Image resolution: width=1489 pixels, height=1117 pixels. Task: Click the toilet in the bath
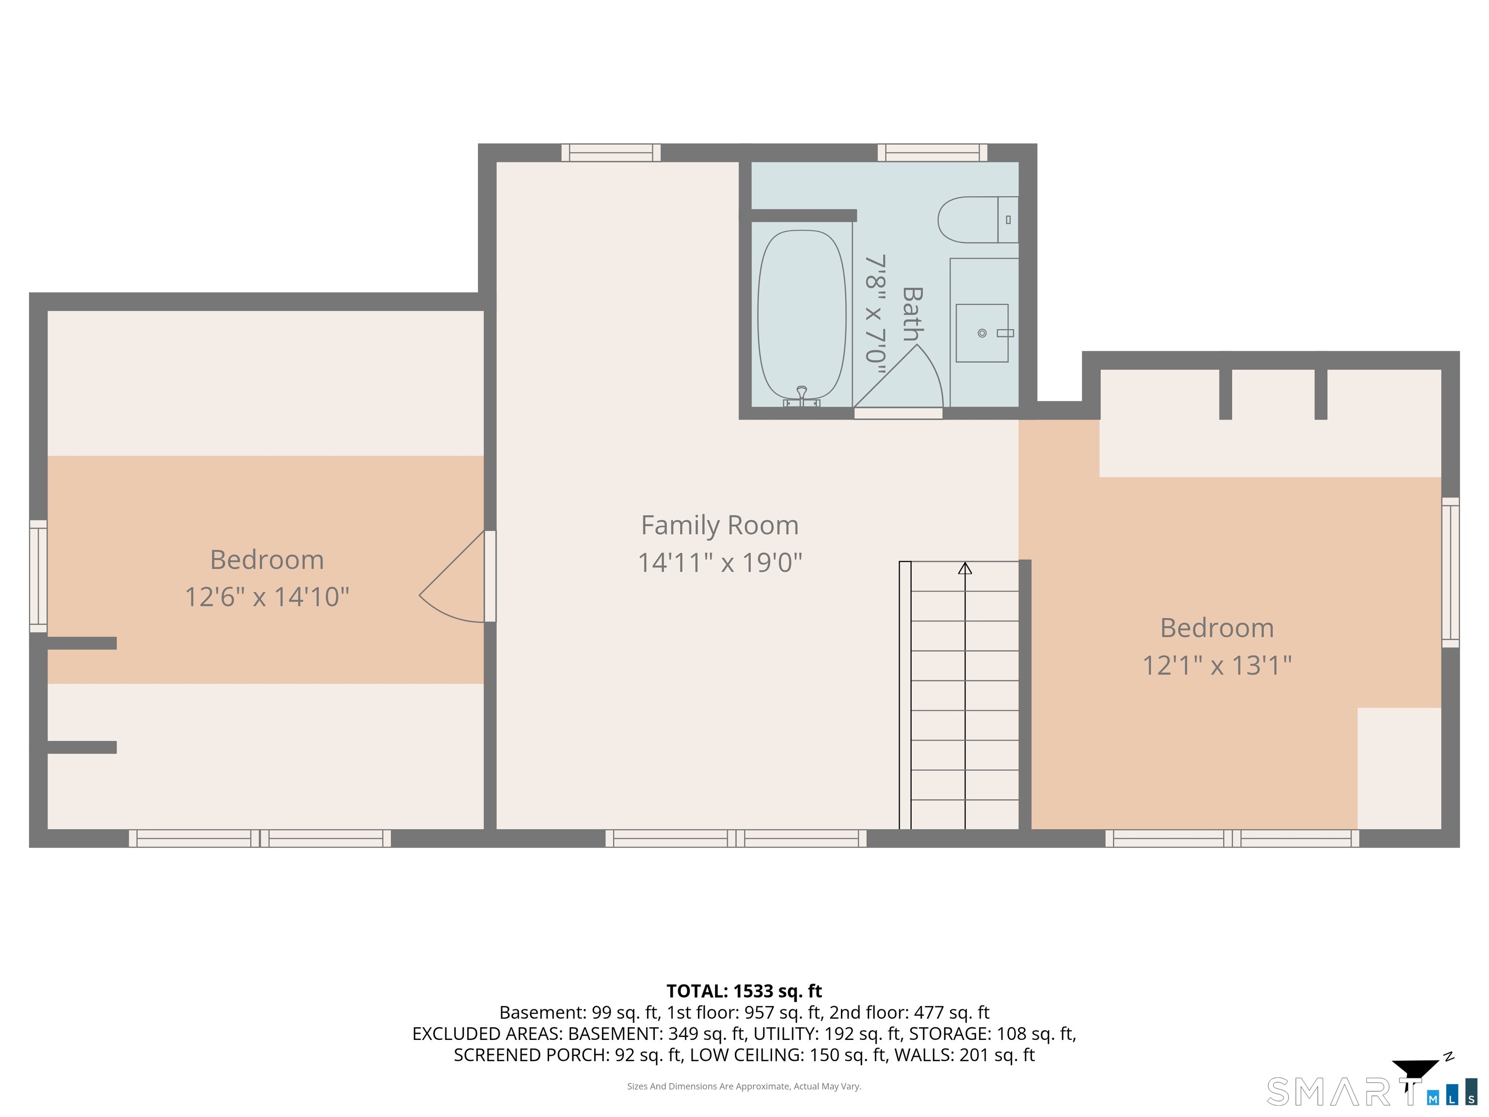point(976,220)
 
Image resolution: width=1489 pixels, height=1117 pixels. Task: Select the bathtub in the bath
point(801,315)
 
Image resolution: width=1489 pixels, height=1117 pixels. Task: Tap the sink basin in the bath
point(982,333)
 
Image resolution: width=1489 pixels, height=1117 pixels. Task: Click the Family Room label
point(720,525)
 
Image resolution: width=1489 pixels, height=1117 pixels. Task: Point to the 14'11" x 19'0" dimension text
point(720,562)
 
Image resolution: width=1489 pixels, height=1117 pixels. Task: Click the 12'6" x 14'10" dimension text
point(267,596)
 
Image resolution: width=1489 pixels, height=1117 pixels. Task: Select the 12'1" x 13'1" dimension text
point(1217,665)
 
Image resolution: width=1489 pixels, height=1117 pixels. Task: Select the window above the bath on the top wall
point(932,153)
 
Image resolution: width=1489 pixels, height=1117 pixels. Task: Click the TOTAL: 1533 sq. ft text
point(744,991)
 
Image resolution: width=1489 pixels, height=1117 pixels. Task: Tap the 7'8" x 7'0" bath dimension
point(874,308)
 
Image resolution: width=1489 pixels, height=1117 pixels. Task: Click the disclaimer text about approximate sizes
point(744,1086)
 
